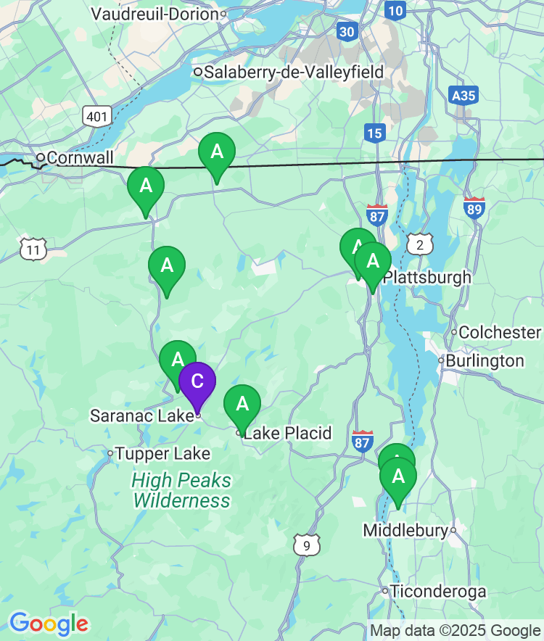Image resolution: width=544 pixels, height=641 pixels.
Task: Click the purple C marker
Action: [197, 382]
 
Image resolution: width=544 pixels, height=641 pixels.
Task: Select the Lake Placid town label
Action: [287, 434]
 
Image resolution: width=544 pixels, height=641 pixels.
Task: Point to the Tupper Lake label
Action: [162, 454]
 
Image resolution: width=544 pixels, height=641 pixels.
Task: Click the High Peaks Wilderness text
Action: [181, 490]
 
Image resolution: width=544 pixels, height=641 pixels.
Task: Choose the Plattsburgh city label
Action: [426, 278]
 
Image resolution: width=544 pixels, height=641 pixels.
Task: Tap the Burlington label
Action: [485, 361]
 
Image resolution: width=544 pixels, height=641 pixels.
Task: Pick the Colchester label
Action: [500, 332]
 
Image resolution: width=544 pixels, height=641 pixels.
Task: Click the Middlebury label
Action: [405, 531]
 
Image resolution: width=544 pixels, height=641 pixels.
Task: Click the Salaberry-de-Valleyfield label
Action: [294, 73]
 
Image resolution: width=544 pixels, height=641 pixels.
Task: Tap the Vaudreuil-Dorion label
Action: [155, 14]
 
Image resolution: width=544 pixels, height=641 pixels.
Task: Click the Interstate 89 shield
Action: [474, 208]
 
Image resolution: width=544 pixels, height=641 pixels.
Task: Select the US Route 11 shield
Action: [33, 249]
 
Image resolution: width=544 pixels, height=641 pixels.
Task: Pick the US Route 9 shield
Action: [307, 545]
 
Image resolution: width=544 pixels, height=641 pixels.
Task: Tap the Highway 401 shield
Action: [96, 115]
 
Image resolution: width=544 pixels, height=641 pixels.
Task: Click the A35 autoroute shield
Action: [463, 96]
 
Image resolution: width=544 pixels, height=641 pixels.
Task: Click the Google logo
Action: [49, 623]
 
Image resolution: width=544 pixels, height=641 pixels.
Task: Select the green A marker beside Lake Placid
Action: [242, 405]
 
